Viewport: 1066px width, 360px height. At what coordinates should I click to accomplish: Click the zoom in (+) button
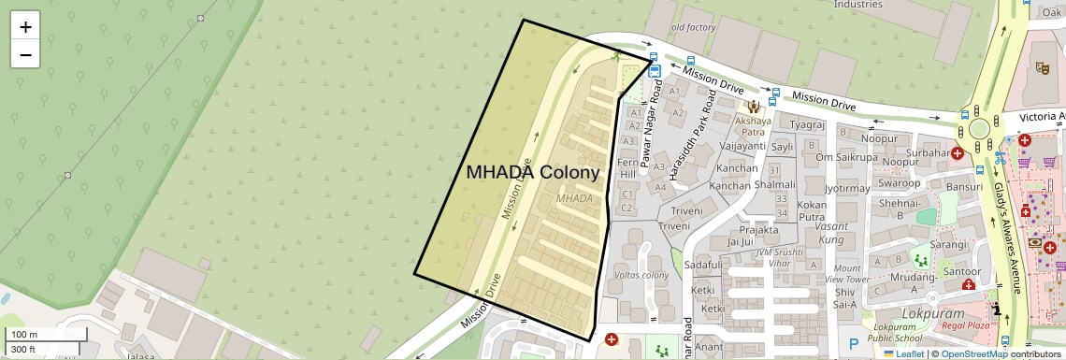point(25,27)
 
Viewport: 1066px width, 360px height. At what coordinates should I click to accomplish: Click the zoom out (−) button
point(25,54)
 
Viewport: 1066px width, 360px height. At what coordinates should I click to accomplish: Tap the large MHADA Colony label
point(532,173)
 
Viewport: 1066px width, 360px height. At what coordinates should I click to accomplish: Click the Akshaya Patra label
point(754,126)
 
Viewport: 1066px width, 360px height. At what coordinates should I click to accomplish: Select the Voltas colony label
point(641,275)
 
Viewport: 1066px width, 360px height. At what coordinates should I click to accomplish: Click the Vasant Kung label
point(830,233)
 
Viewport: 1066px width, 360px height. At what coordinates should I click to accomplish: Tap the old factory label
point(693,27)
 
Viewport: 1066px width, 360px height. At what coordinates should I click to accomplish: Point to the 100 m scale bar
point(33,335)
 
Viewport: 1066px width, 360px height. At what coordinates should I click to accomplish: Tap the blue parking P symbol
point(853,344)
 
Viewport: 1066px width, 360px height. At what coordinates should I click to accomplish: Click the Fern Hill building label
point(628,168)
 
